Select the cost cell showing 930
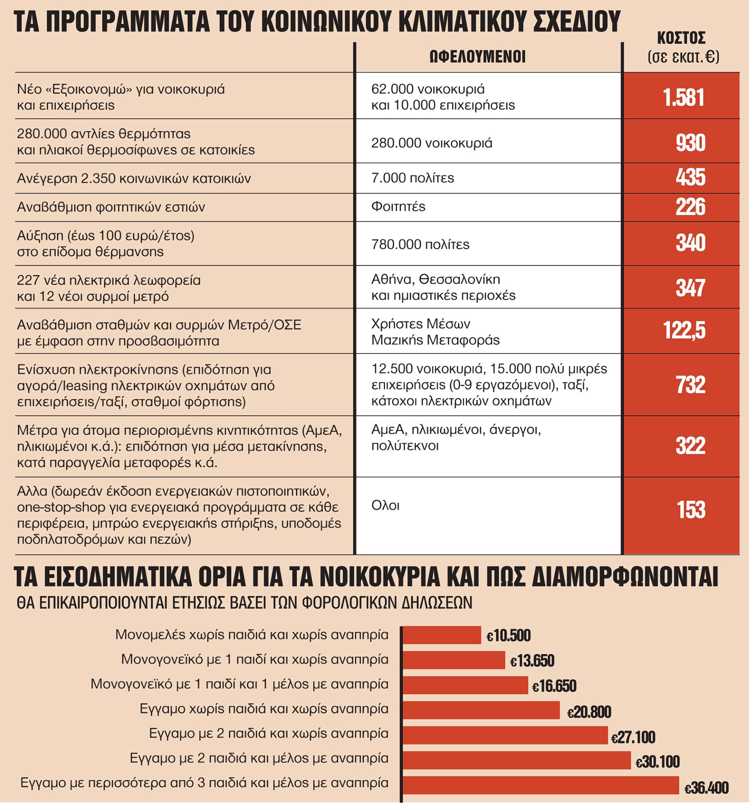coord(690,143)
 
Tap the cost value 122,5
coord(684,330)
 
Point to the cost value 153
coord(691,510)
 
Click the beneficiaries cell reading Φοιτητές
coord(398,206)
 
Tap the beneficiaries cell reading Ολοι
coord(385,505)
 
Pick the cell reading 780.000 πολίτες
coord(420,244)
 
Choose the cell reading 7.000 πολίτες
coord(413,178)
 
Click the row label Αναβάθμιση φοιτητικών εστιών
coord(111,207)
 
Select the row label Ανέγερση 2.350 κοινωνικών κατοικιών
coord(134,178)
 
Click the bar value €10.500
coord(508,635)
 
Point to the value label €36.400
coord(706,788)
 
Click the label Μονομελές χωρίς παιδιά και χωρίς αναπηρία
coord(252,635)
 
